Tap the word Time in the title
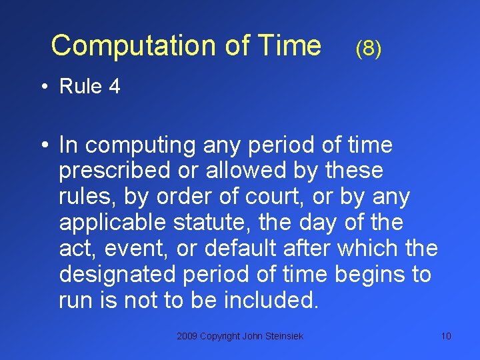[291, 46]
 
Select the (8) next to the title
[369, 48]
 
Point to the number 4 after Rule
[114, 87]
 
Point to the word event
[137, 249]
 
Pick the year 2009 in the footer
[187, 336]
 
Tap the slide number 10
[446, 336]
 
